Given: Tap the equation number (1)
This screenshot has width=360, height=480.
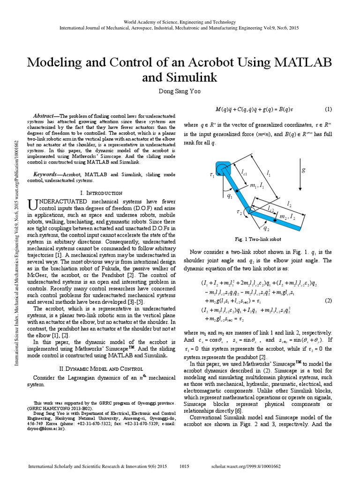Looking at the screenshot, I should coord(328,109).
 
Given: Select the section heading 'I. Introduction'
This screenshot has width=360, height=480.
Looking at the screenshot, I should coord(102,193).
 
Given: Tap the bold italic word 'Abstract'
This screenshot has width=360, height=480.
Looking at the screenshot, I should coord(44,116).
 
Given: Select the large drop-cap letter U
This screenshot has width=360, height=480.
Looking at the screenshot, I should coord(33,204).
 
